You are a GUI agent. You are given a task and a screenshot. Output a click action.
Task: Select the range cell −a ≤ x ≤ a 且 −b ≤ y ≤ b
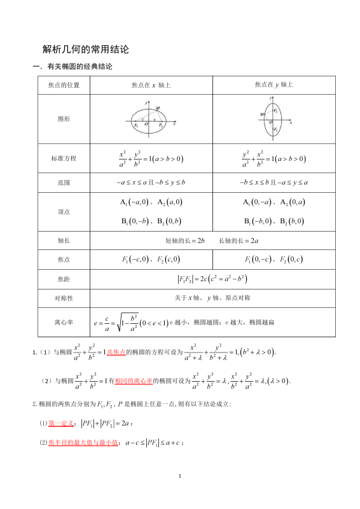(151, 183)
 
